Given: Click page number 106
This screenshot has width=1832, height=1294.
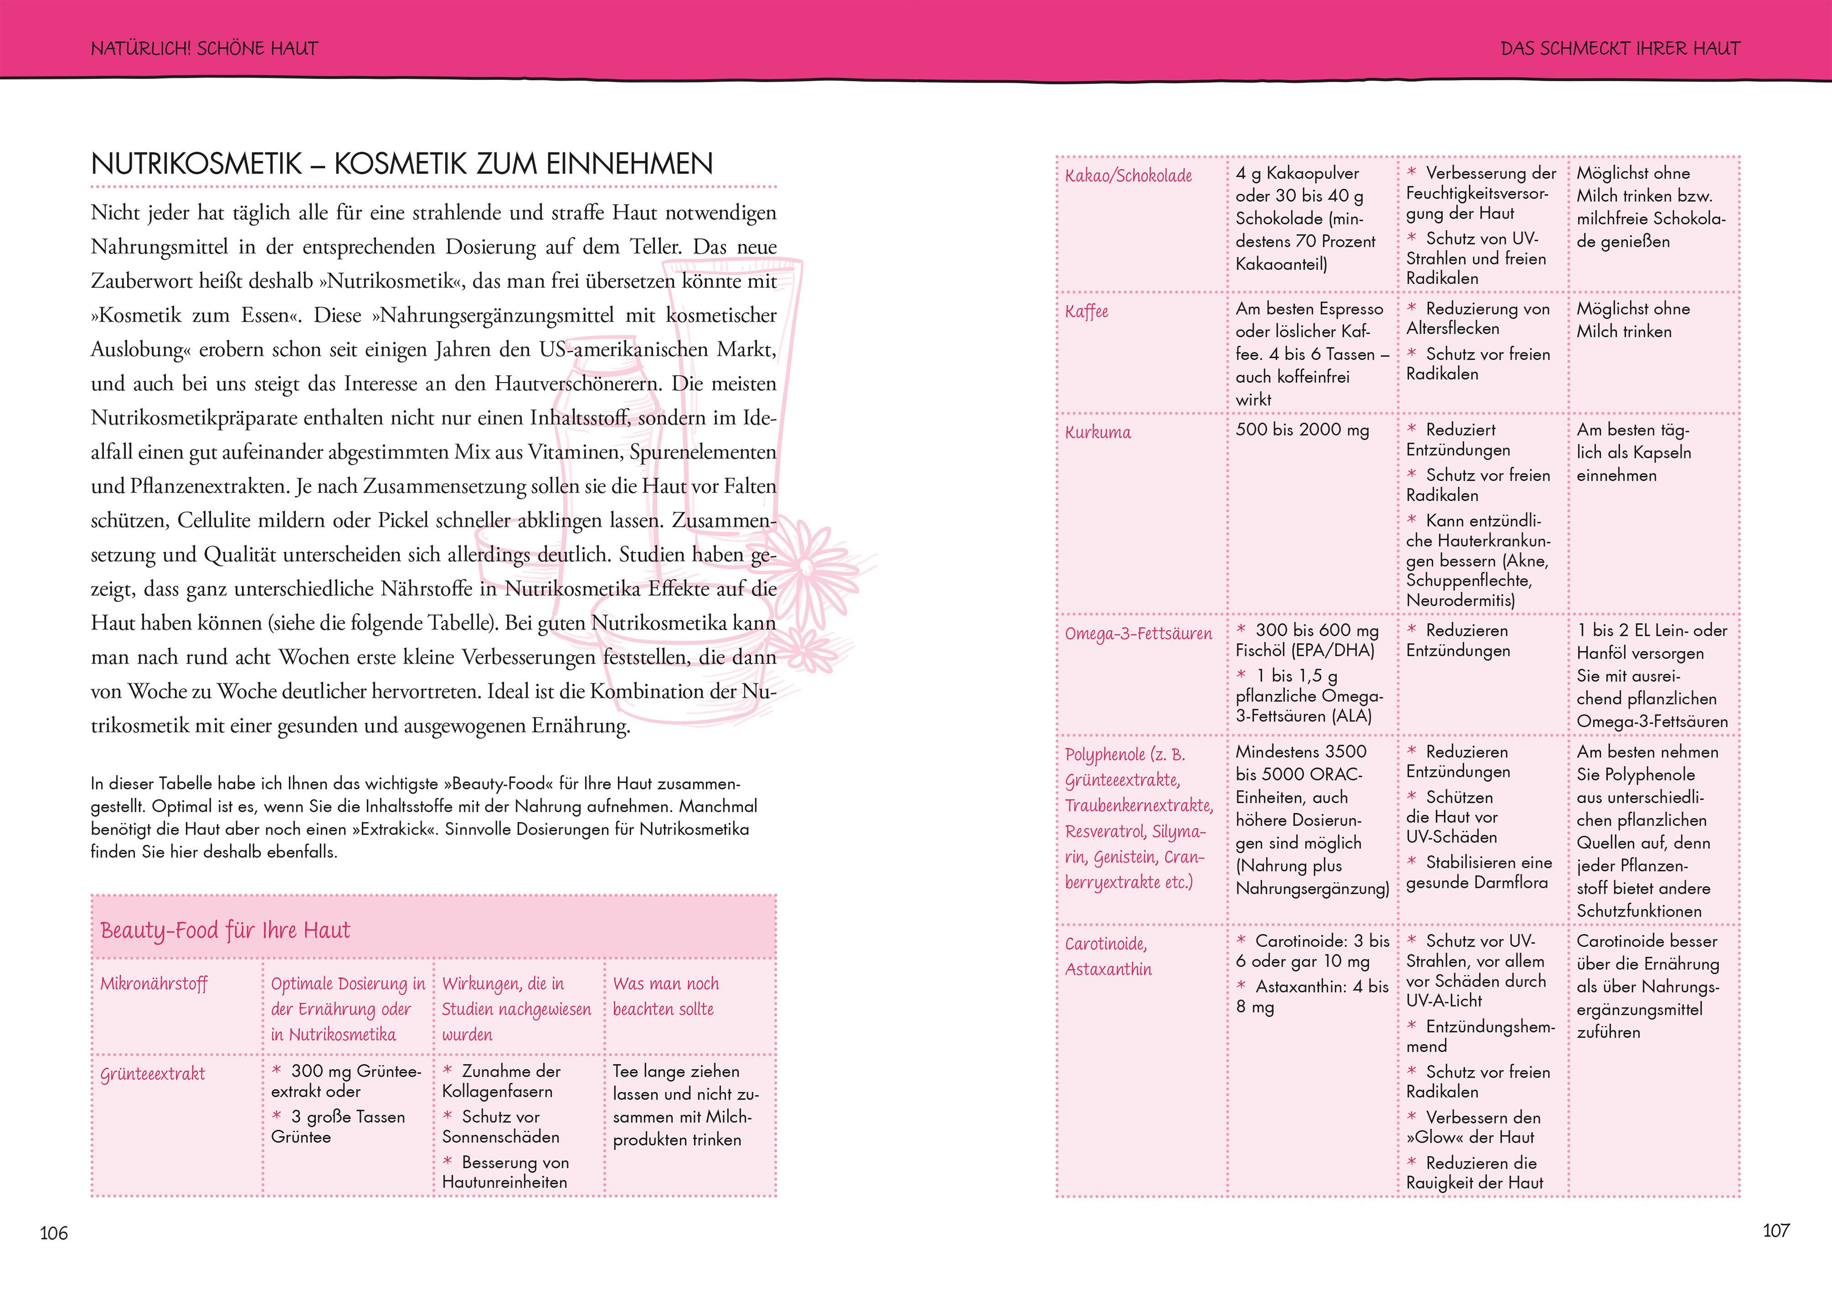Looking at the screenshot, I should (54, 1233).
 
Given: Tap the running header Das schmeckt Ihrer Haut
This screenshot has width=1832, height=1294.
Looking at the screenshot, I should (1620, 49).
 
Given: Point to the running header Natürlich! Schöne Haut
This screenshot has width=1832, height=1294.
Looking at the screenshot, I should (204, 49).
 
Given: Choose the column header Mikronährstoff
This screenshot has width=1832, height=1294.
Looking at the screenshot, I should (154, 984).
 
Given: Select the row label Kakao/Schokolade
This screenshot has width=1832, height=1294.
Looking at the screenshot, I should (1128, 176).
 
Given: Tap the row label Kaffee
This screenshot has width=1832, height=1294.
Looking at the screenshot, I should (1087, 311).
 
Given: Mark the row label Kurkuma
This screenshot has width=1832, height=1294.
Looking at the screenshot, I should (1098, 433).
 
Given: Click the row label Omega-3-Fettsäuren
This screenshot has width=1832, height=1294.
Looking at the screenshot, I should (1138, 634).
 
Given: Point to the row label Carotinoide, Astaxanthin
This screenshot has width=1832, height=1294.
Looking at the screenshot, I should (1109, 956).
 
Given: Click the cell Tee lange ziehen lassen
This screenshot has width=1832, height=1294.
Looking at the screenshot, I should (686, 1105).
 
